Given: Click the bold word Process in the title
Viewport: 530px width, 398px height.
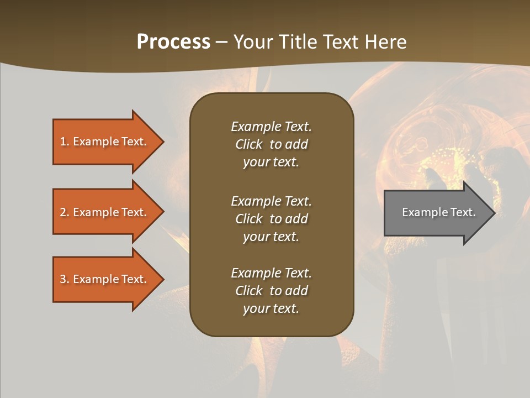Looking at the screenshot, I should point(173,42).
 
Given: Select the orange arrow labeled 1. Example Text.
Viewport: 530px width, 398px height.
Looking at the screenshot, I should point(105,142).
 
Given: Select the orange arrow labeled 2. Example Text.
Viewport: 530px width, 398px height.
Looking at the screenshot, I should point(105,212).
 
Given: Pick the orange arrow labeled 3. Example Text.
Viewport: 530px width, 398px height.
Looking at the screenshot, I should point(105,279).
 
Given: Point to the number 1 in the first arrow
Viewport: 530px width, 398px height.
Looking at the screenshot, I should point(63,142).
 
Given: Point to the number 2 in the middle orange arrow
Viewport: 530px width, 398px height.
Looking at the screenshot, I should point(63,212).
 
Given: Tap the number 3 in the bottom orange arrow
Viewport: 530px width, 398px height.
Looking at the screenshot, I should point(63,279).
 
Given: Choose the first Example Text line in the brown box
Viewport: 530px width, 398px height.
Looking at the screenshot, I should point(271,127).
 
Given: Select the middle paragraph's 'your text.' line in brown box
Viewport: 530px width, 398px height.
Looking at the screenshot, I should point(271,237).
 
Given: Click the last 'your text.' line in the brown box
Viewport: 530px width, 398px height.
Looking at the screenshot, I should point(271,308).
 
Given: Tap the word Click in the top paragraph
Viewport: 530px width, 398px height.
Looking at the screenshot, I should point(249,144).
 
